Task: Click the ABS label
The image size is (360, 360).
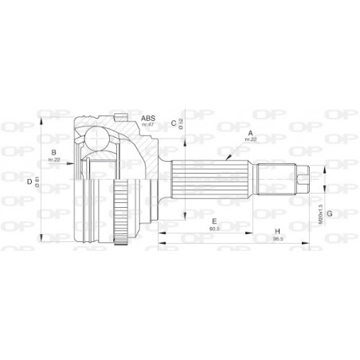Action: tap(147, 118)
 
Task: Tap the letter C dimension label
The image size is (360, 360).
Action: tap(173, 122)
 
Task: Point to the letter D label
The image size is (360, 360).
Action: tap(29, 182)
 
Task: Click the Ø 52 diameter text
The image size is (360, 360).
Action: tap(182, 123)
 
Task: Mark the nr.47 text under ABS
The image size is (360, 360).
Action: tap(147, 125)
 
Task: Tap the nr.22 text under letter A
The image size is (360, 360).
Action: tap(251, 139)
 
